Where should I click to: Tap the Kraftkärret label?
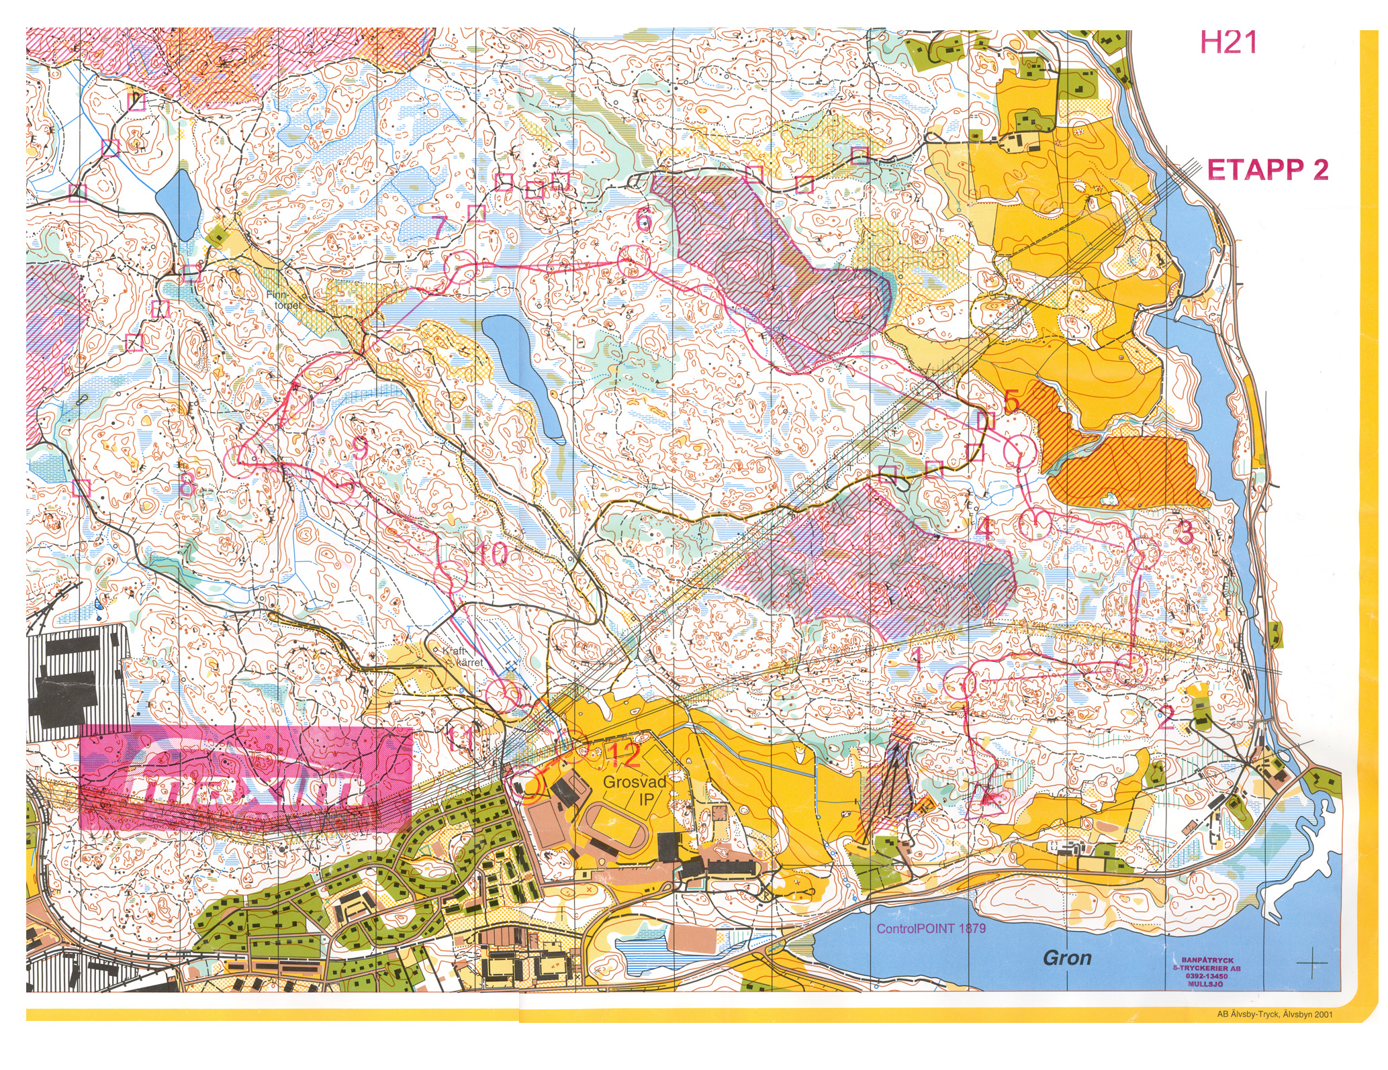464,657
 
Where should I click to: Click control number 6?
643,220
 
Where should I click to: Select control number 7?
440,228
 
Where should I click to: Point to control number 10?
492,554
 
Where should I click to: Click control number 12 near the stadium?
624,755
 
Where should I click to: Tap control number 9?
361,446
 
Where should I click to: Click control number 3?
1185,532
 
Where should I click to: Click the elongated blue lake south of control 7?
524,376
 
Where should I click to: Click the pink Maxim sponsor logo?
245,779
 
